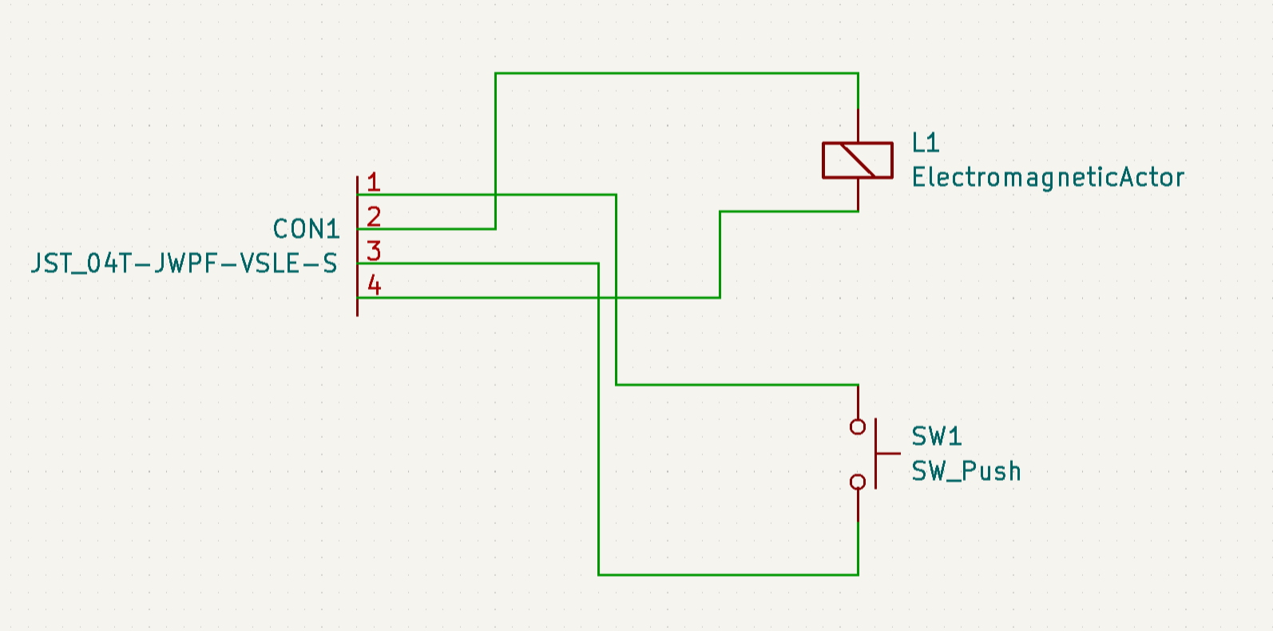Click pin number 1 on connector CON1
(x=374, y=182)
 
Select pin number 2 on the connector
(x=374, y=216)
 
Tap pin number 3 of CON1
(x=374, y=251)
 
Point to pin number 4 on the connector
(x=374, y=285)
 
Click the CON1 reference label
(x=307, y=229)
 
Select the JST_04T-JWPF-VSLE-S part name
(x=184, y=264)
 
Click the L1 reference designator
(x=926, y=143)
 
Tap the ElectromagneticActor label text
(x=1048, y=177)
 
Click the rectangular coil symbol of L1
(x=858, y=161)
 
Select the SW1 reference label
(x=937, y=437)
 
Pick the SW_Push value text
(x=966, y=471)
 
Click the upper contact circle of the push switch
(x=858, y=427)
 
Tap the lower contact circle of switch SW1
(x=858, y=482)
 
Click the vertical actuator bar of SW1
(x=876, y=454)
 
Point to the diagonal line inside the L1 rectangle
(x=858, y=161)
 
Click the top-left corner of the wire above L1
(x=496, y=73)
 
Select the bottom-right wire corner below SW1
(x=859, y=575)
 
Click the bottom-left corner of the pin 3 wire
(x=599, y=575)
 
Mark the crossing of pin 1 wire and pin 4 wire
(x=616, y=297)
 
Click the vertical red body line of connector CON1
(x=358, y=246)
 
